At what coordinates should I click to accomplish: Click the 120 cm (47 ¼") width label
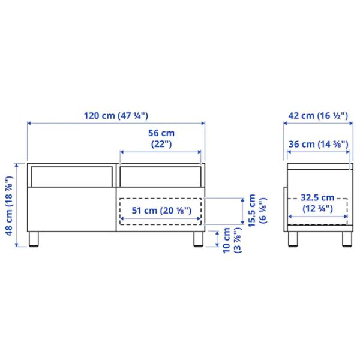tap(116, 115)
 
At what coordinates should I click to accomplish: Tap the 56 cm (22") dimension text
tap(161, 139)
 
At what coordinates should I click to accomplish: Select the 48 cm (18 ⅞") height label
tap(10, 206)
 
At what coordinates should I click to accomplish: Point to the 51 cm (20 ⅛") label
tap(161, 211)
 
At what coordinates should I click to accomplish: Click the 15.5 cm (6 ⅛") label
tap(257, 211)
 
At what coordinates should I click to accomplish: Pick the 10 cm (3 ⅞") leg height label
tap(232, 240)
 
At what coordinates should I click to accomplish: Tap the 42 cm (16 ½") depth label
tap(318, 115)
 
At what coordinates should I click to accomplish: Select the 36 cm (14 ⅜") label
tap(318, 144)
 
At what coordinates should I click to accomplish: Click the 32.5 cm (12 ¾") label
tap(317, 203)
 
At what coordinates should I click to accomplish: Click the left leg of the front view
tap(34, 239)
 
